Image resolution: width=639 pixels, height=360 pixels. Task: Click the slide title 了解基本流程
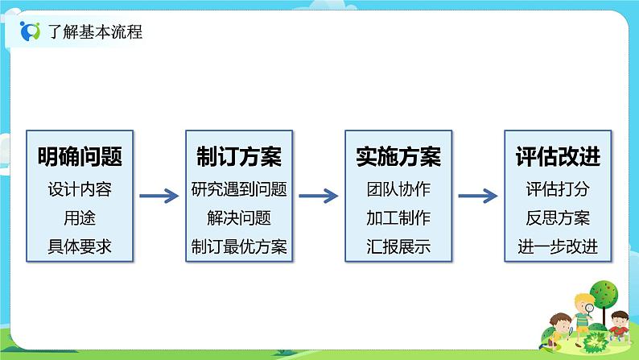(95, 33)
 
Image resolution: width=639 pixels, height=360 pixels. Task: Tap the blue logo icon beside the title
(29, 32)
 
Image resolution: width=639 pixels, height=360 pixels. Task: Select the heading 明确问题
(80, 156)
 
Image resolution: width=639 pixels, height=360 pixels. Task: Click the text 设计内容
(80, 190)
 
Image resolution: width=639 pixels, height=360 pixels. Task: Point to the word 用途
(80, 218)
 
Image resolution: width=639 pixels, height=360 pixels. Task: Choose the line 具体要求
(80, 246)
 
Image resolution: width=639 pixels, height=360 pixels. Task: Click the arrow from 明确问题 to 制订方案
(159, 196)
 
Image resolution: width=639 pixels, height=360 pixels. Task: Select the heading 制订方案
(239, 156)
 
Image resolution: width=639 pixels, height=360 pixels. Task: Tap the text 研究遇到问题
(239, 190)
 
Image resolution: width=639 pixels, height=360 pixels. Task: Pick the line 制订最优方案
(239, 246)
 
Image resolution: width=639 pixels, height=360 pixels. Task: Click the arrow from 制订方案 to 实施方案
(318, 196)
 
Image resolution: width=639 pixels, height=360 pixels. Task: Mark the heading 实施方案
(398, 156)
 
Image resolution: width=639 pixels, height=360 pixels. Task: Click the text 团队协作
(398, 190)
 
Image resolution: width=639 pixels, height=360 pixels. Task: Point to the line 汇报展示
(398, 246)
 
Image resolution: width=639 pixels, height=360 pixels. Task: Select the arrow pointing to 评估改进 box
(477, 196)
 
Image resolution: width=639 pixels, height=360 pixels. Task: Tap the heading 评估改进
(558, 156)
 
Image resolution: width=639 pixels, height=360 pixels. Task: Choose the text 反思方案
(558, 218)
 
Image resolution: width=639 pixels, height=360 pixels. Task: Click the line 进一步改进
(558, 246)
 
